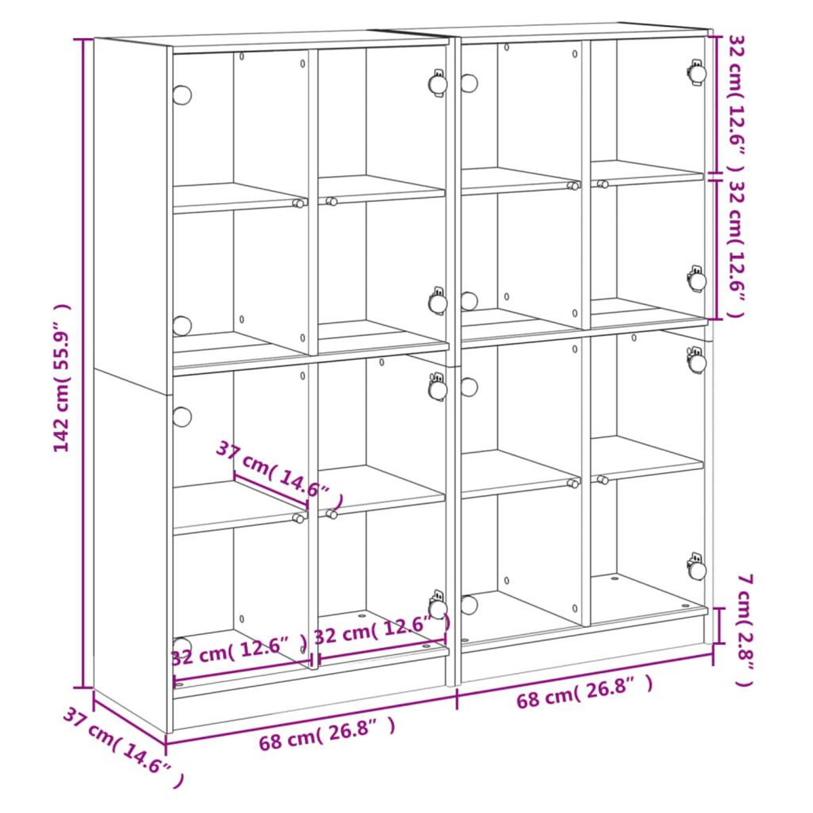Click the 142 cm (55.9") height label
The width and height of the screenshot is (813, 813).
click(x=62, y=378)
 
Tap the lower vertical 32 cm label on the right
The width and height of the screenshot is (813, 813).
click(x=736, y=248)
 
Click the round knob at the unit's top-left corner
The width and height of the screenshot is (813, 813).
click(x=182, y=94)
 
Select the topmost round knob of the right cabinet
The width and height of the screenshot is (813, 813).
click(x=469, y=83)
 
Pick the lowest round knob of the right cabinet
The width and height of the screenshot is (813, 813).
click(x=469, y=603)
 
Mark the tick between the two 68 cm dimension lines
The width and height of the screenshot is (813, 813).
click(x=457, y=698)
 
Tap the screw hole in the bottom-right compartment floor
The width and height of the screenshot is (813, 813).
click(x=615, y=579)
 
